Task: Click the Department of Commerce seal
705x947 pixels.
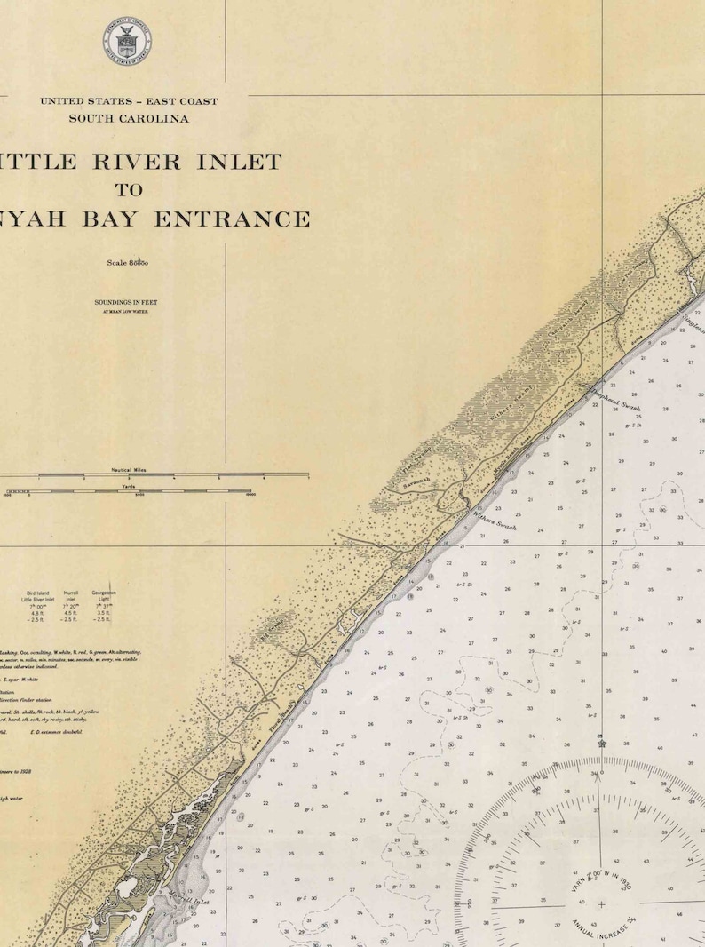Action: pos(127,41)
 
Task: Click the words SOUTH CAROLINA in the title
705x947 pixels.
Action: pos(129,118)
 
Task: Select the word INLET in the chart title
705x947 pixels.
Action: pos(241,162)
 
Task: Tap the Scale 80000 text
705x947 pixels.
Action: pos(127,263)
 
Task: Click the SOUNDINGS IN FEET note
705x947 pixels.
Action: pos(126,303)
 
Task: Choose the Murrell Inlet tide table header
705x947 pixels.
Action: pos(71,595)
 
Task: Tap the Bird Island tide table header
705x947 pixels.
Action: pos(37,595)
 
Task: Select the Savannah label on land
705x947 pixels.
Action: pos(416,483)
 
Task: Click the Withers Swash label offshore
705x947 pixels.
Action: pos(495,521)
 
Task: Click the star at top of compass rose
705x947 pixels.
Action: pos(601,743)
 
